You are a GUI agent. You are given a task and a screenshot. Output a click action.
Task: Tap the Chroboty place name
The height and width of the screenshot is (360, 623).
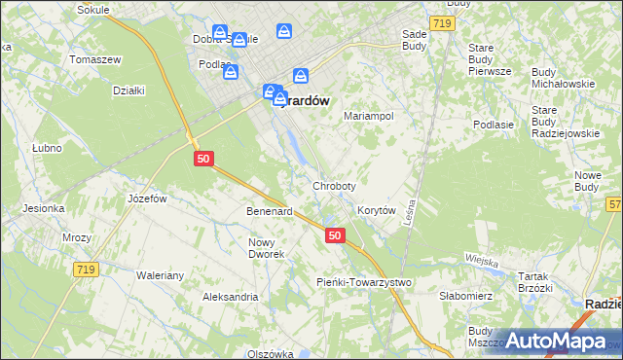point(334,185)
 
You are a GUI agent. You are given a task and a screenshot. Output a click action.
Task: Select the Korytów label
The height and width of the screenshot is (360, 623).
point(376,210)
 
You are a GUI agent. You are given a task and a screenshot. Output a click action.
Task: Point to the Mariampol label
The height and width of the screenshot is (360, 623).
point(369,116)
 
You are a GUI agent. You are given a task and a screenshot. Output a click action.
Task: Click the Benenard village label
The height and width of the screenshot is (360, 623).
point(270,211)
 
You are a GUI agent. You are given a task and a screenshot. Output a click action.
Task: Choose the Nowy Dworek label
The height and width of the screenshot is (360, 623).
point(266,248)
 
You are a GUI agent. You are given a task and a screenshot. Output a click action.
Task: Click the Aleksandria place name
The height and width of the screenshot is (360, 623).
point(230,297)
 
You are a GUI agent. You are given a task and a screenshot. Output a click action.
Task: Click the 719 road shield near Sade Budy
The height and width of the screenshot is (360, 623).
point(442,21)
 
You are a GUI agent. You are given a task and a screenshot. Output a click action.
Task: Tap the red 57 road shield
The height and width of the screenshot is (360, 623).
point(614,204)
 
